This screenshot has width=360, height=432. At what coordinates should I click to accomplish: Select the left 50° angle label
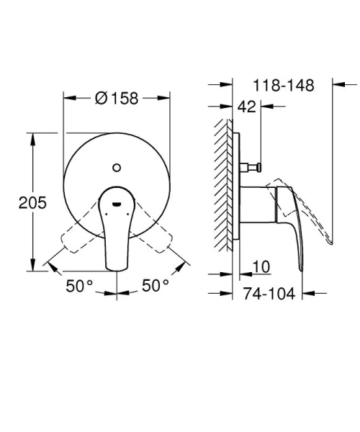(x=80, y=286)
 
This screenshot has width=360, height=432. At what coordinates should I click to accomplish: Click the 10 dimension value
(x=261, y=268)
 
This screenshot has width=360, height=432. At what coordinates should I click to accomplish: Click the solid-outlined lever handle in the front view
(x=116, y=238)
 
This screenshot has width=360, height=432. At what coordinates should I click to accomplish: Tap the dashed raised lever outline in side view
(x=317, y=216)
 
